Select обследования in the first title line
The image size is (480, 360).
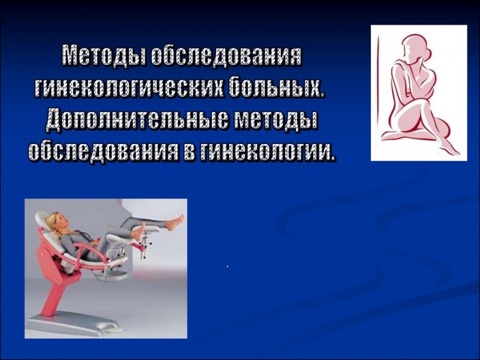point(227,55)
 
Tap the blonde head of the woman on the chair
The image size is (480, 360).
point(55,221)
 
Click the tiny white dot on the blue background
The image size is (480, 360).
point(227,267)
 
